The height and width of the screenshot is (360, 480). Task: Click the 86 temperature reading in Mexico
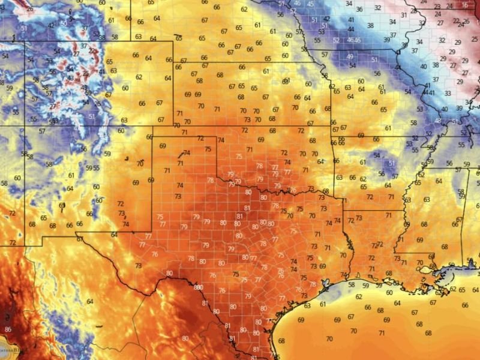click(x=8, y=329)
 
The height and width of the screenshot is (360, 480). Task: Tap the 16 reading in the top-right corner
click(x=466, y=5)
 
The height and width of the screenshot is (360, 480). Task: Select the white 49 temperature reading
click(x=350, y=56)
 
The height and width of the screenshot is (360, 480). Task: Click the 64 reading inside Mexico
click(x=90, y=301)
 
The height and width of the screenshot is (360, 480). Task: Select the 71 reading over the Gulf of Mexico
click(x=382, y=332)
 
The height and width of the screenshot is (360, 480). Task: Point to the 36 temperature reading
click(x=359, y=10)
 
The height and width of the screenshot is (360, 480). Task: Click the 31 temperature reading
click(x=404, y=16)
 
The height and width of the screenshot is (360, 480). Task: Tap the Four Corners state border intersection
click(x=25, y=126)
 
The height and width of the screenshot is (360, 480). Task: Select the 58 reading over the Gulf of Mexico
click(x=352, y=284)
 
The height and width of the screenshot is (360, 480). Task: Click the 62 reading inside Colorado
click(x=139, y=77)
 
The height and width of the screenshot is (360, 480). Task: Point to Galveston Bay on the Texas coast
click(x=328, y=282)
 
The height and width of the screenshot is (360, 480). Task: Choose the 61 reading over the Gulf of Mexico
click(x=323, y=304)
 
